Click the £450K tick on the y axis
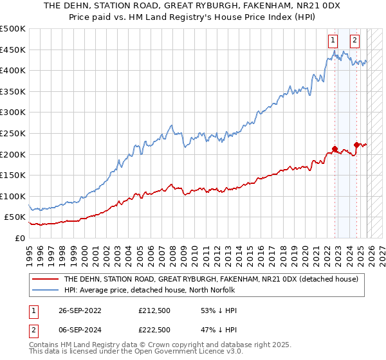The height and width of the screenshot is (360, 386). click(x=13, y=50)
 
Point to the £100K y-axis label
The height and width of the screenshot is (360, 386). click(x=13, y=196)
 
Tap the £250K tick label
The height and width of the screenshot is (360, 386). click(x=13, y=133)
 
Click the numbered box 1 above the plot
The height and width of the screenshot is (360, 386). click(x=333, y=40)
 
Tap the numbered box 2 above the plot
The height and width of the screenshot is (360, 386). click(x=354, y=40)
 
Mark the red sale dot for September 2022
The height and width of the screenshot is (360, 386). click(x=335, y=149)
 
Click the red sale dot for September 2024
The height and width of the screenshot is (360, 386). click(x=356, y=145)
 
